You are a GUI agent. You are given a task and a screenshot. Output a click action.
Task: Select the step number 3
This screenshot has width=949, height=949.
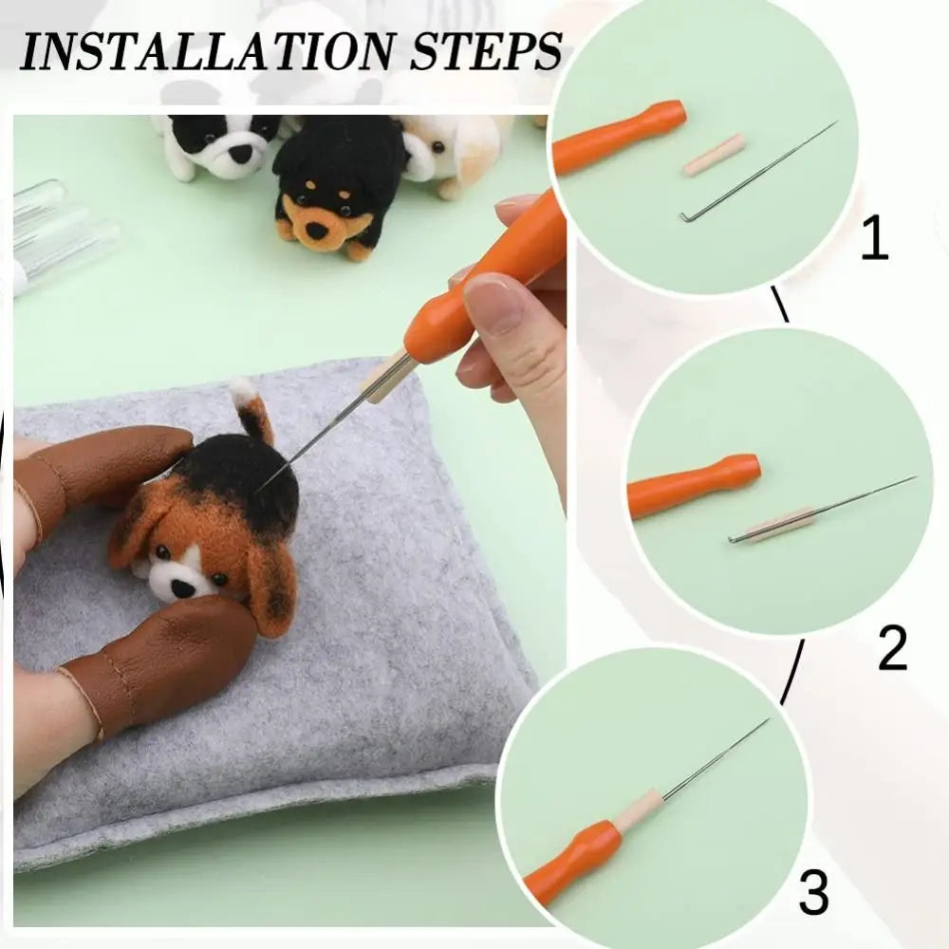pos(813,893)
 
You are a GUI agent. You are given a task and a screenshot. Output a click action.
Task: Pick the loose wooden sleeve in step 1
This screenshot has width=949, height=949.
pos(714,155)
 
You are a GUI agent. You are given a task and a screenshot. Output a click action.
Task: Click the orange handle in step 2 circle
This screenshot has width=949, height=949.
pos(693,486)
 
